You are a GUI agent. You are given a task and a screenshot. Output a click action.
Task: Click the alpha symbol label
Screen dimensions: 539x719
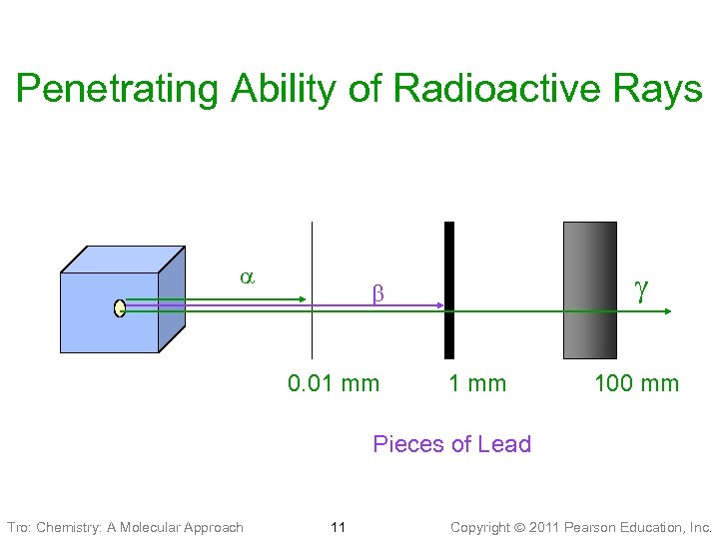click(x=246, y=277)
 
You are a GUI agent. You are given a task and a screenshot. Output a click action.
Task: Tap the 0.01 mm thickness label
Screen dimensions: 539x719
click(x=334, y=383)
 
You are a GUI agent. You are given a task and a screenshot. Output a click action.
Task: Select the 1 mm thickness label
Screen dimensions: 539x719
click(x=477, y=383)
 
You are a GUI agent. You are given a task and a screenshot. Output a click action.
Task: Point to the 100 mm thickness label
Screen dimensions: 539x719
click(x=636, y=383)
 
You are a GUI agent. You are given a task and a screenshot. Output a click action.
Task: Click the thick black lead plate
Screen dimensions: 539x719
click(x=449, y=289)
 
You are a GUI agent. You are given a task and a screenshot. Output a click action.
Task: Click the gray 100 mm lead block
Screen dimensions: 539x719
click(x=590, y=289)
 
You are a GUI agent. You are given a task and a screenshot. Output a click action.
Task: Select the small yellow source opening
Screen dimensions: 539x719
click(x=120, y=308)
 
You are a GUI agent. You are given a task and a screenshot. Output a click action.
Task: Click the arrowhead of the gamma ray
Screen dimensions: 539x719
click(x=669, y=312)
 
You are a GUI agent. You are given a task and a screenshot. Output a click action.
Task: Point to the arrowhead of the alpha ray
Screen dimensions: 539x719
click(x=305, y=298)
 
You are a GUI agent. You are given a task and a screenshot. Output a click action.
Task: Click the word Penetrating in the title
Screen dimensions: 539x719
click(x=120, y=90)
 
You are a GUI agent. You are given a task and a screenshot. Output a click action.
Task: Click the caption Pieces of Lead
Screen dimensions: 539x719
click(x=451, y=444)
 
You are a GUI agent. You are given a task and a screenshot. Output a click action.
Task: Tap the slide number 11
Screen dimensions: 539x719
click(x=338, y=526)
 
